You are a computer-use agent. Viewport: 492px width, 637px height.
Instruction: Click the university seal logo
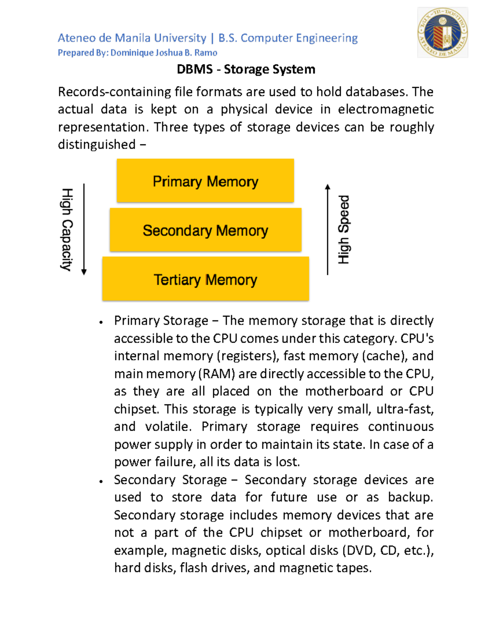(442, 32)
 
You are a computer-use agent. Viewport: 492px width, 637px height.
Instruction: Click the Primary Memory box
(205, 181)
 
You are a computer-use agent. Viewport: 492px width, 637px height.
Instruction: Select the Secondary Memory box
(205, 230)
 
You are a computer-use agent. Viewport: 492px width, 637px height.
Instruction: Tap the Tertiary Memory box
(205, 279)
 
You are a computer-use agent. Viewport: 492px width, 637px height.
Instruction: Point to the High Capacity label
(67, 229)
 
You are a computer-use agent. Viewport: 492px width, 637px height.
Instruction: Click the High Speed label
(344, 229)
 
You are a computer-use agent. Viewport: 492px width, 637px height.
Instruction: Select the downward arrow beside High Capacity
(84, 229)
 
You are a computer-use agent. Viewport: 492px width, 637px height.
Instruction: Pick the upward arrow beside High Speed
(327, 229)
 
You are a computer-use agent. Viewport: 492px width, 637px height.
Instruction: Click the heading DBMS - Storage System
(246, 69)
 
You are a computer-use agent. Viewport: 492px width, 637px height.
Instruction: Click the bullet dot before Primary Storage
(101, 322)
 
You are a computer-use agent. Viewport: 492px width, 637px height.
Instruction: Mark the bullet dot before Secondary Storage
(101, 482)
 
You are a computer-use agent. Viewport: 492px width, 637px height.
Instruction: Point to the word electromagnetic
(386, 109)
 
